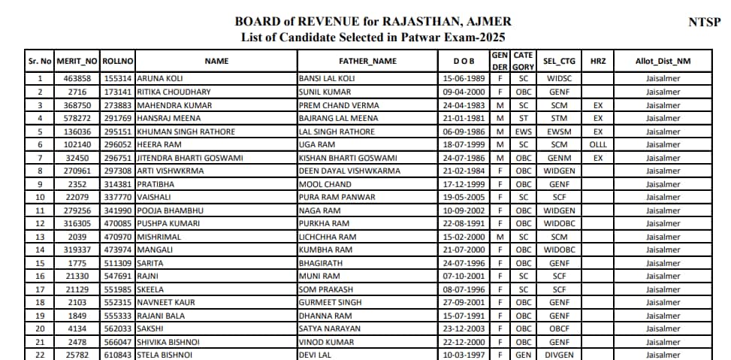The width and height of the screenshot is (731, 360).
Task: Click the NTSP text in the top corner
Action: [x=704, y=22]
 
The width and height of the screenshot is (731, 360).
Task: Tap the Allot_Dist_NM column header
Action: [x=663, y=61]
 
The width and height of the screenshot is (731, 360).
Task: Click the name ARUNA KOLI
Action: [x=160, y=78]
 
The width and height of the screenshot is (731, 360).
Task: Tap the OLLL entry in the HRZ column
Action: [x=597, y=145]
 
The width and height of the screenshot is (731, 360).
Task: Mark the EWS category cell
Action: [x=523, y=132]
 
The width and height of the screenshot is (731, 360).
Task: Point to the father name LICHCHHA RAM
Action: [x=327, y=237]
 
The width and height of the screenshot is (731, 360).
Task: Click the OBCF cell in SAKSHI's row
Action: [x=558, y=328]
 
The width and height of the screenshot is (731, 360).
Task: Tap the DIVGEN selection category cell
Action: [x=558, y=355]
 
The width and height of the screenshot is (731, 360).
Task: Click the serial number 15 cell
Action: [x=40, y=263]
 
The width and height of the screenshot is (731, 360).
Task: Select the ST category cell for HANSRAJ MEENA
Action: [x=523, y=118]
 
